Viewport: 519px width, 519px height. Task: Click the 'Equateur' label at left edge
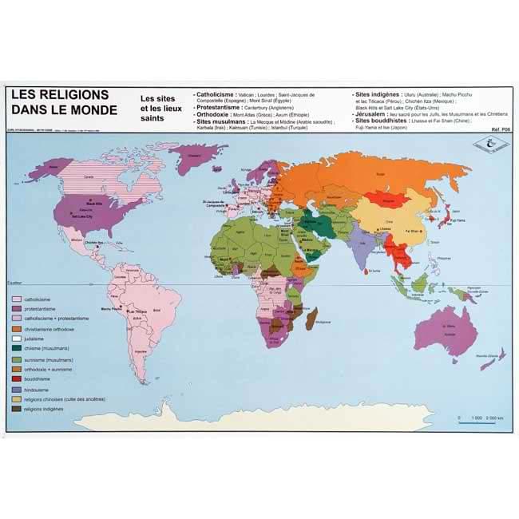point(15,282)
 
